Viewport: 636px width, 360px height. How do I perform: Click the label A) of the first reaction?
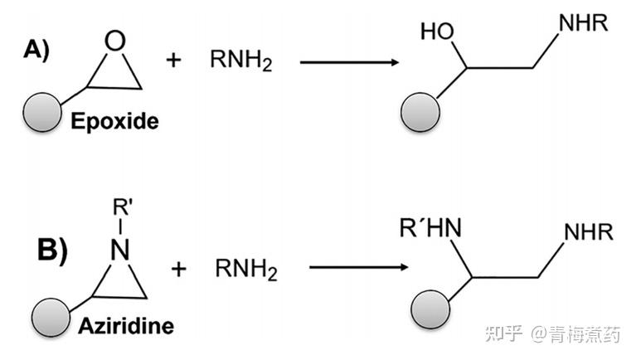(x=36, y=51)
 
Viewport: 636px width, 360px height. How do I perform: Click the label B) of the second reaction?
(x=51, y=250)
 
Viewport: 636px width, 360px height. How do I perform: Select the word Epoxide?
(x=114, y=120)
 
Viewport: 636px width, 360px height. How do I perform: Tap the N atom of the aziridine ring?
(x=122, y=249)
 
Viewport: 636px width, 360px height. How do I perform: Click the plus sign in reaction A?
(x=173, y=61)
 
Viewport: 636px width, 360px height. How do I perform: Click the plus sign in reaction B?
(x=179, y=268)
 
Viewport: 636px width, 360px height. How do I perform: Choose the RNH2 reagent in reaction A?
(x=240, y=62)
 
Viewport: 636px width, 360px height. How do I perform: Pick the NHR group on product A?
(x=584, y=23)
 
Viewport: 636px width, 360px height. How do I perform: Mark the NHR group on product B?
(x=589, y=233)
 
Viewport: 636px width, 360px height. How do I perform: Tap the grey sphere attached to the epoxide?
(x=43, y=112)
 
